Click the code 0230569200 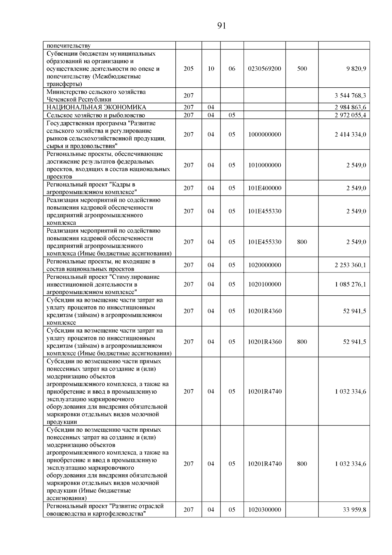[265, 69]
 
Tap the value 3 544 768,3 [350, 95]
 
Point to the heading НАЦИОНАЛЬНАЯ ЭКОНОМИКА [96, 107]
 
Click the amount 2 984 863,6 [350, 107]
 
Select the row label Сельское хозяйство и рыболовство [96, 115]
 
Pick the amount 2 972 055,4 [350, 115]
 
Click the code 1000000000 [265, 134]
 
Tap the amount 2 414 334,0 [350, 134]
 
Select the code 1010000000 [265, 165]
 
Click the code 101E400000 [265, 188]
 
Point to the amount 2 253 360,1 [350, 265]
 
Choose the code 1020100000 [265, 284]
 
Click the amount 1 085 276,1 [350, 284]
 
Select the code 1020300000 [265, 510]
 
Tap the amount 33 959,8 [354, 510]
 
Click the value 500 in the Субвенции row [302, 69]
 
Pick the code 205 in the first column [188, 69]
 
